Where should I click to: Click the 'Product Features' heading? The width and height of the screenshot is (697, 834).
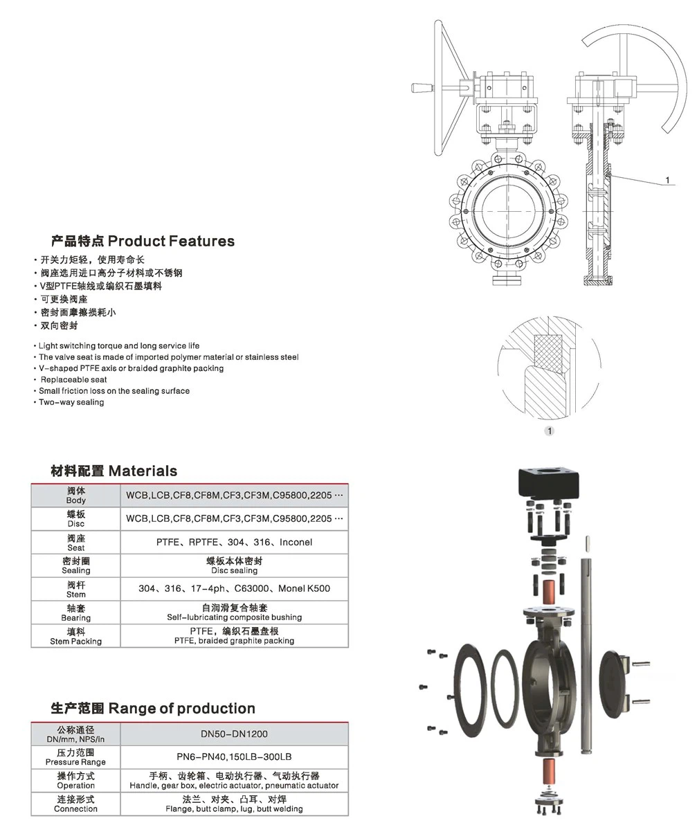[143, 241]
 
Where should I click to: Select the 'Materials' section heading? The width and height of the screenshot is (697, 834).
[114, 471]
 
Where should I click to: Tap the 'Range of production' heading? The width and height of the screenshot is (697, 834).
[153, 708]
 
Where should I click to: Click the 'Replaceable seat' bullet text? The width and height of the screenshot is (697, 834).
[73, 379]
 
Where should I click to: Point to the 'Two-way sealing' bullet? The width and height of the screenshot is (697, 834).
[71, 402]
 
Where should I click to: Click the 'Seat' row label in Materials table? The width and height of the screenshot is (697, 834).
[76, 543]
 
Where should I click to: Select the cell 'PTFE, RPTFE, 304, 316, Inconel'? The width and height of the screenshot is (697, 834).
[234, 542]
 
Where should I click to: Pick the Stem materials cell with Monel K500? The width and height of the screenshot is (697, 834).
[234, 588]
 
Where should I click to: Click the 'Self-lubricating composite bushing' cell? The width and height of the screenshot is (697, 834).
[234, 613]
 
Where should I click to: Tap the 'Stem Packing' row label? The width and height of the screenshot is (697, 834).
[76, 636]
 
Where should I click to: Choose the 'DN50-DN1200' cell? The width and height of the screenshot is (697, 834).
[234, 734]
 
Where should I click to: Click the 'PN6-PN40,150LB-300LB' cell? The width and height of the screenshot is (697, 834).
[234, 756]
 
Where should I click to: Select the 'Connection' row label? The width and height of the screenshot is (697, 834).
[76, 804]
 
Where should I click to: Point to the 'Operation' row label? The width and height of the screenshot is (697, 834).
[76, 781]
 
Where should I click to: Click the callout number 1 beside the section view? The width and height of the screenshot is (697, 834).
[667, 180]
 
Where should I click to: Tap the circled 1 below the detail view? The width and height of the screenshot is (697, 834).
[550, 431]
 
